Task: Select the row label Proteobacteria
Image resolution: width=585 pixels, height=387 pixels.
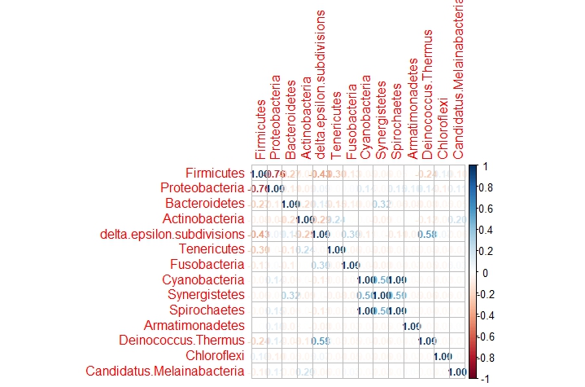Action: point(203,188)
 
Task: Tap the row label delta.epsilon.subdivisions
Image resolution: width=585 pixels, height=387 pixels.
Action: point(172,234)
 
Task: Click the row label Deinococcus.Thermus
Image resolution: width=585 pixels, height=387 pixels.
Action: point(181,340)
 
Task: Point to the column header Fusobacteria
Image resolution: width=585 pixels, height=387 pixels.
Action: point(351,122)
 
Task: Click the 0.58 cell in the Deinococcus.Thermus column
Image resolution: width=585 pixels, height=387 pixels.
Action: point(427,235)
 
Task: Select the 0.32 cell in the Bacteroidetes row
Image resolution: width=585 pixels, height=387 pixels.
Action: point(382,204)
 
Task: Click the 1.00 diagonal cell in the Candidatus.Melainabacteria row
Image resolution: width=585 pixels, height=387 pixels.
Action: point(457,372)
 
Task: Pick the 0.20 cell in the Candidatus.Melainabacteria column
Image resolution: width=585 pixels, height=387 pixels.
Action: point(457,219)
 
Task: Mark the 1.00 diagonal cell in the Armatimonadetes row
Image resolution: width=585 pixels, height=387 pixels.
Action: point(412,326)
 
